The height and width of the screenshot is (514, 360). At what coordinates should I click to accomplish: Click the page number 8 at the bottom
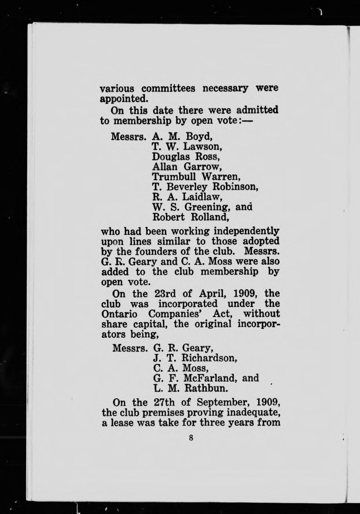coord(191,438)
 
